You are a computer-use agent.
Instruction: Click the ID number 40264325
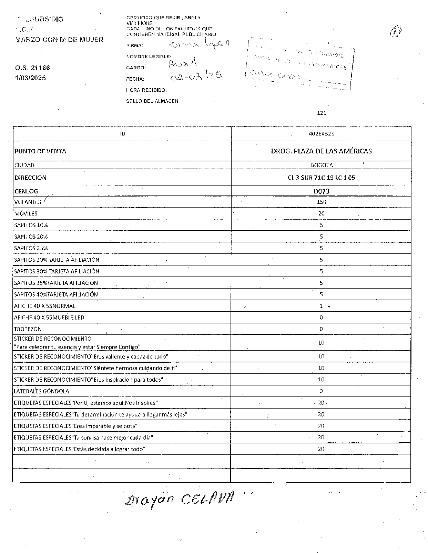click(x=321, y=134)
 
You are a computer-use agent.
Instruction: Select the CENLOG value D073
click(x=321, y=191)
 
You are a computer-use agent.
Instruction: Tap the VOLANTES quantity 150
click(x=321, y=202)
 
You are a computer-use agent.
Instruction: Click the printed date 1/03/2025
click(x=30, y=78)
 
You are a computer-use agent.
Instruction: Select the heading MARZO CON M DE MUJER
click(x=59, y=40)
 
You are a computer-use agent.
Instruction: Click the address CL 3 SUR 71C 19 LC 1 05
click(x=321, y=178)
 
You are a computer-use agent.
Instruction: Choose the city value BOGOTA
click(x=322, y=165)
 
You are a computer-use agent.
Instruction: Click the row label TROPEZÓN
click(x=28, y=329)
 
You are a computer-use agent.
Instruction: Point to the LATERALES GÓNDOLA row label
click(x=41, y=391)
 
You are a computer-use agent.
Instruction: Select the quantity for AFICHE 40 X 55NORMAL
click(x=321, y=306)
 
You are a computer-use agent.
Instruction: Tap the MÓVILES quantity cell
click(x=321, y=214)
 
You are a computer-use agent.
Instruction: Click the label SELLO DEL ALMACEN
click(x=152, y=101)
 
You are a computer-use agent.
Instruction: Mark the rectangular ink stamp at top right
click(x=299, y=63)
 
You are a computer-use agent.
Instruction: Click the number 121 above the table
click(x=321, y=113)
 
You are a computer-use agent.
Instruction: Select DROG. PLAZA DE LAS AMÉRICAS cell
click(x=321, y=151)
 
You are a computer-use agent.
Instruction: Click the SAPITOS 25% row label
click(x=31, y=248)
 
